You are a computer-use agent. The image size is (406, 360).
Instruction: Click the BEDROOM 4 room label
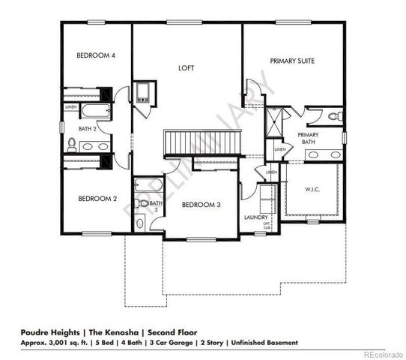[96, 56]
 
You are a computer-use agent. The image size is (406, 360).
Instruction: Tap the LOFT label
[186, 68]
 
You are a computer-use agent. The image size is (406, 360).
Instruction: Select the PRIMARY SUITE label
[292, 61]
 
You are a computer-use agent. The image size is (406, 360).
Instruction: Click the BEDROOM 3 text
[201, 205]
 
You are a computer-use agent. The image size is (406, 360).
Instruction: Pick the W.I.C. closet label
[312, 190]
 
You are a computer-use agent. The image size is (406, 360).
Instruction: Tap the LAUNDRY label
[256, 218]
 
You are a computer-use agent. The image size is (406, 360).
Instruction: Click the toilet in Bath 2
[72, 142]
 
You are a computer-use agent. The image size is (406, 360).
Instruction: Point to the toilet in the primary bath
[334, 116]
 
